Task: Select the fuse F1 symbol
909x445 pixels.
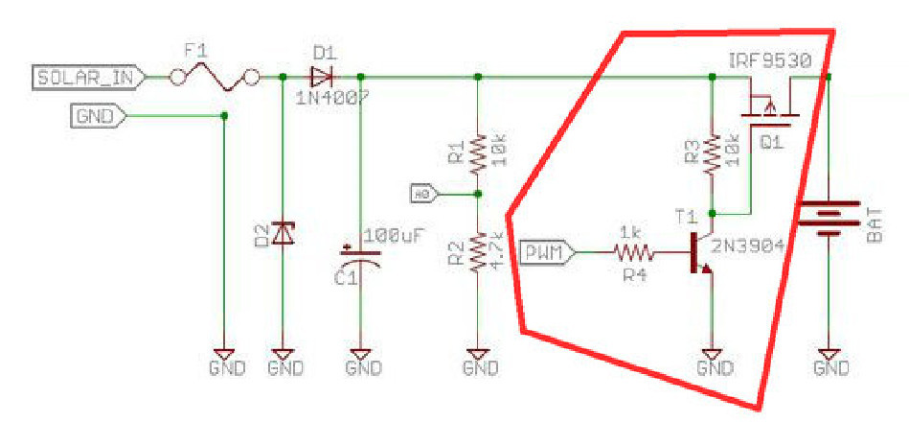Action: [212, 78]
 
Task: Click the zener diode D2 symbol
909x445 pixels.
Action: [283, 231]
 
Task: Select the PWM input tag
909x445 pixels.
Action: [549, 253]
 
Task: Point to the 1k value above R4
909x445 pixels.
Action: [630, 233]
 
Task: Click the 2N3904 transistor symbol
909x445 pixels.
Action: [703, 253]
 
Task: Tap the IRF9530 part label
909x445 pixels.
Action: [769, 60]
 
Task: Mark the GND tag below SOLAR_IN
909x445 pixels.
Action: [98, 117]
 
